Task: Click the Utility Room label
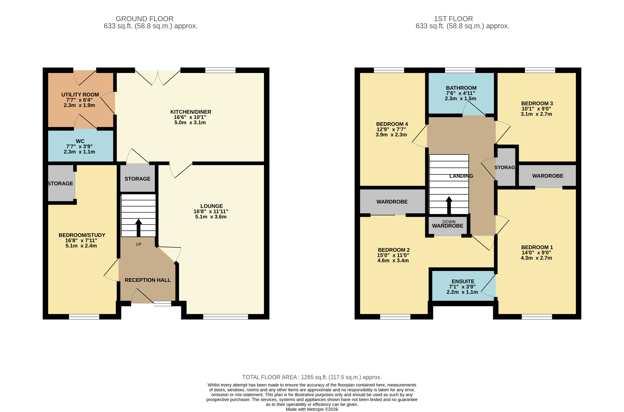point(80,95)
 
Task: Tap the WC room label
point(80,141)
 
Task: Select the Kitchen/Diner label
point(191,112)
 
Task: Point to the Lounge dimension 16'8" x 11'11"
point(211,211)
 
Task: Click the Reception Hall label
point(148,280)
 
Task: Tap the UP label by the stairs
point(138,244)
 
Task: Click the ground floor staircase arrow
point(138,228)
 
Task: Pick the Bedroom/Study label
point(82,235)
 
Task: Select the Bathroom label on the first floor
point(461,88)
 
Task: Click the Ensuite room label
point(463,281)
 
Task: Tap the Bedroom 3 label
point(537,104)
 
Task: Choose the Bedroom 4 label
point(392,124)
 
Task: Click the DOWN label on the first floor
point(449,222)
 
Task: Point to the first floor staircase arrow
point(449,205)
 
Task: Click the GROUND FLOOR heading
point(145,19)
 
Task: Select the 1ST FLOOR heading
point(453,19)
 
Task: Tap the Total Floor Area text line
point(312,377)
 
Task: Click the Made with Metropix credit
point(312,409)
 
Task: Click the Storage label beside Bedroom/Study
point(60,183)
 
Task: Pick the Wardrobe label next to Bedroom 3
point(547,176)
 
